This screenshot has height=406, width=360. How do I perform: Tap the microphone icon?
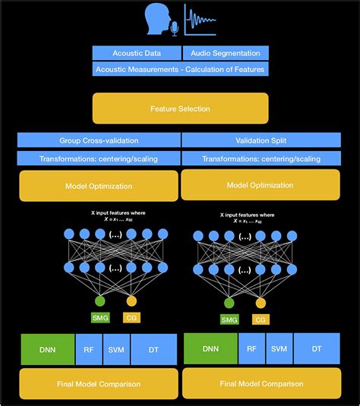(x=175, y=28)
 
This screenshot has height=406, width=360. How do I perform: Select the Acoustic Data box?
(x=136, y=53)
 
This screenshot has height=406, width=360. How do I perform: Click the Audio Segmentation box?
(x=225, y=53)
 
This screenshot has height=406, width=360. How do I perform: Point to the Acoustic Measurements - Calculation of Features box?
(x=180, y=69)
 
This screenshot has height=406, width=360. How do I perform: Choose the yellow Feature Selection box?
(x=180, y=109)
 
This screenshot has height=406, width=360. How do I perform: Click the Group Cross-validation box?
(x=99, y=140)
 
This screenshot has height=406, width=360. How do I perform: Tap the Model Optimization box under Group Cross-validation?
(x=99, y=186)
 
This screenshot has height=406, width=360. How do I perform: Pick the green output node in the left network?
(x=100, y=301)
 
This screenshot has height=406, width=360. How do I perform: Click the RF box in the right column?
(x=251, y=349)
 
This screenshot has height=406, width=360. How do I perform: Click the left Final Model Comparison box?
(x=99, y=384)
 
